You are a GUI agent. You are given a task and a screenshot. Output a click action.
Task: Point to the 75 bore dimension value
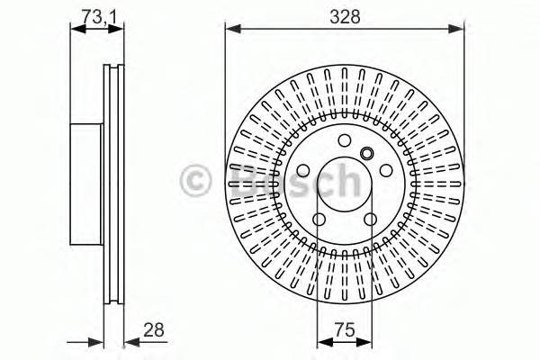[x=344, y=330]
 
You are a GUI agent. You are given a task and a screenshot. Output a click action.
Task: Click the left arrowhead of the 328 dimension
[x=231, y=29]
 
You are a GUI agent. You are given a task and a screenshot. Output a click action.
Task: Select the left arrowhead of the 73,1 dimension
[x=76, y=29]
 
